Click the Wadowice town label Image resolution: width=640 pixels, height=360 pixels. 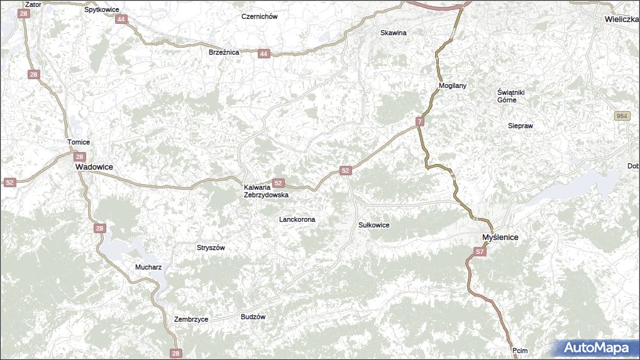tap(94, 167)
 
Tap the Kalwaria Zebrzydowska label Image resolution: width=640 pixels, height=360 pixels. tap(266, 191)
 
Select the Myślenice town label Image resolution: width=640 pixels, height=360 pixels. tap(500, 237)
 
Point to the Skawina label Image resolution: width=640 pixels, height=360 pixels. tap(394, 32)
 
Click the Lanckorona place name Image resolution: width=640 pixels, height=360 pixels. tap(297, 219)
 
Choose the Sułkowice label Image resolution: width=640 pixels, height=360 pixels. tap(374, 225)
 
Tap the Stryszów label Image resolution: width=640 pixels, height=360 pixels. tap(211, 248)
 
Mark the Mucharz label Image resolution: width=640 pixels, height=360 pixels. tap(148, 267)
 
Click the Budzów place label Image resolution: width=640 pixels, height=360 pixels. tap(253, 317)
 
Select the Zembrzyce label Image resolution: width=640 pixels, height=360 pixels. tap(191, 319)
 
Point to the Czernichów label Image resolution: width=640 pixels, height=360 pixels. tap(260, 16)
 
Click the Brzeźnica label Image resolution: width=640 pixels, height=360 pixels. tap(224, 52)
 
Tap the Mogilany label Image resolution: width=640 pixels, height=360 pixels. tap(453, 85)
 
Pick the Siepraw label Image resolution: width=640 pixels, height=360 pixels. tap(521, 126)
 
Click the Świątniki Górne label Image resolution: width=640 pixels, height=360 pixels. tap(510, 96)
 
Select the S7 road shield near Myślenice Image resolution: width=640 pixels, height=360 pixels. tap(480, 252)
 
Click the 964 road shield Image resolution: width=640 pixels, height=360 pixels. tap(622, 116)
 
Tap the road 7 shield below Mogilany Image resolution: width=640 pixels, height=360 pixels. tap(420, 121)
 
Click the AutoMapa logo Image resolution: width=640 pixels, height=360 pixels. tap(595, 347)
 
